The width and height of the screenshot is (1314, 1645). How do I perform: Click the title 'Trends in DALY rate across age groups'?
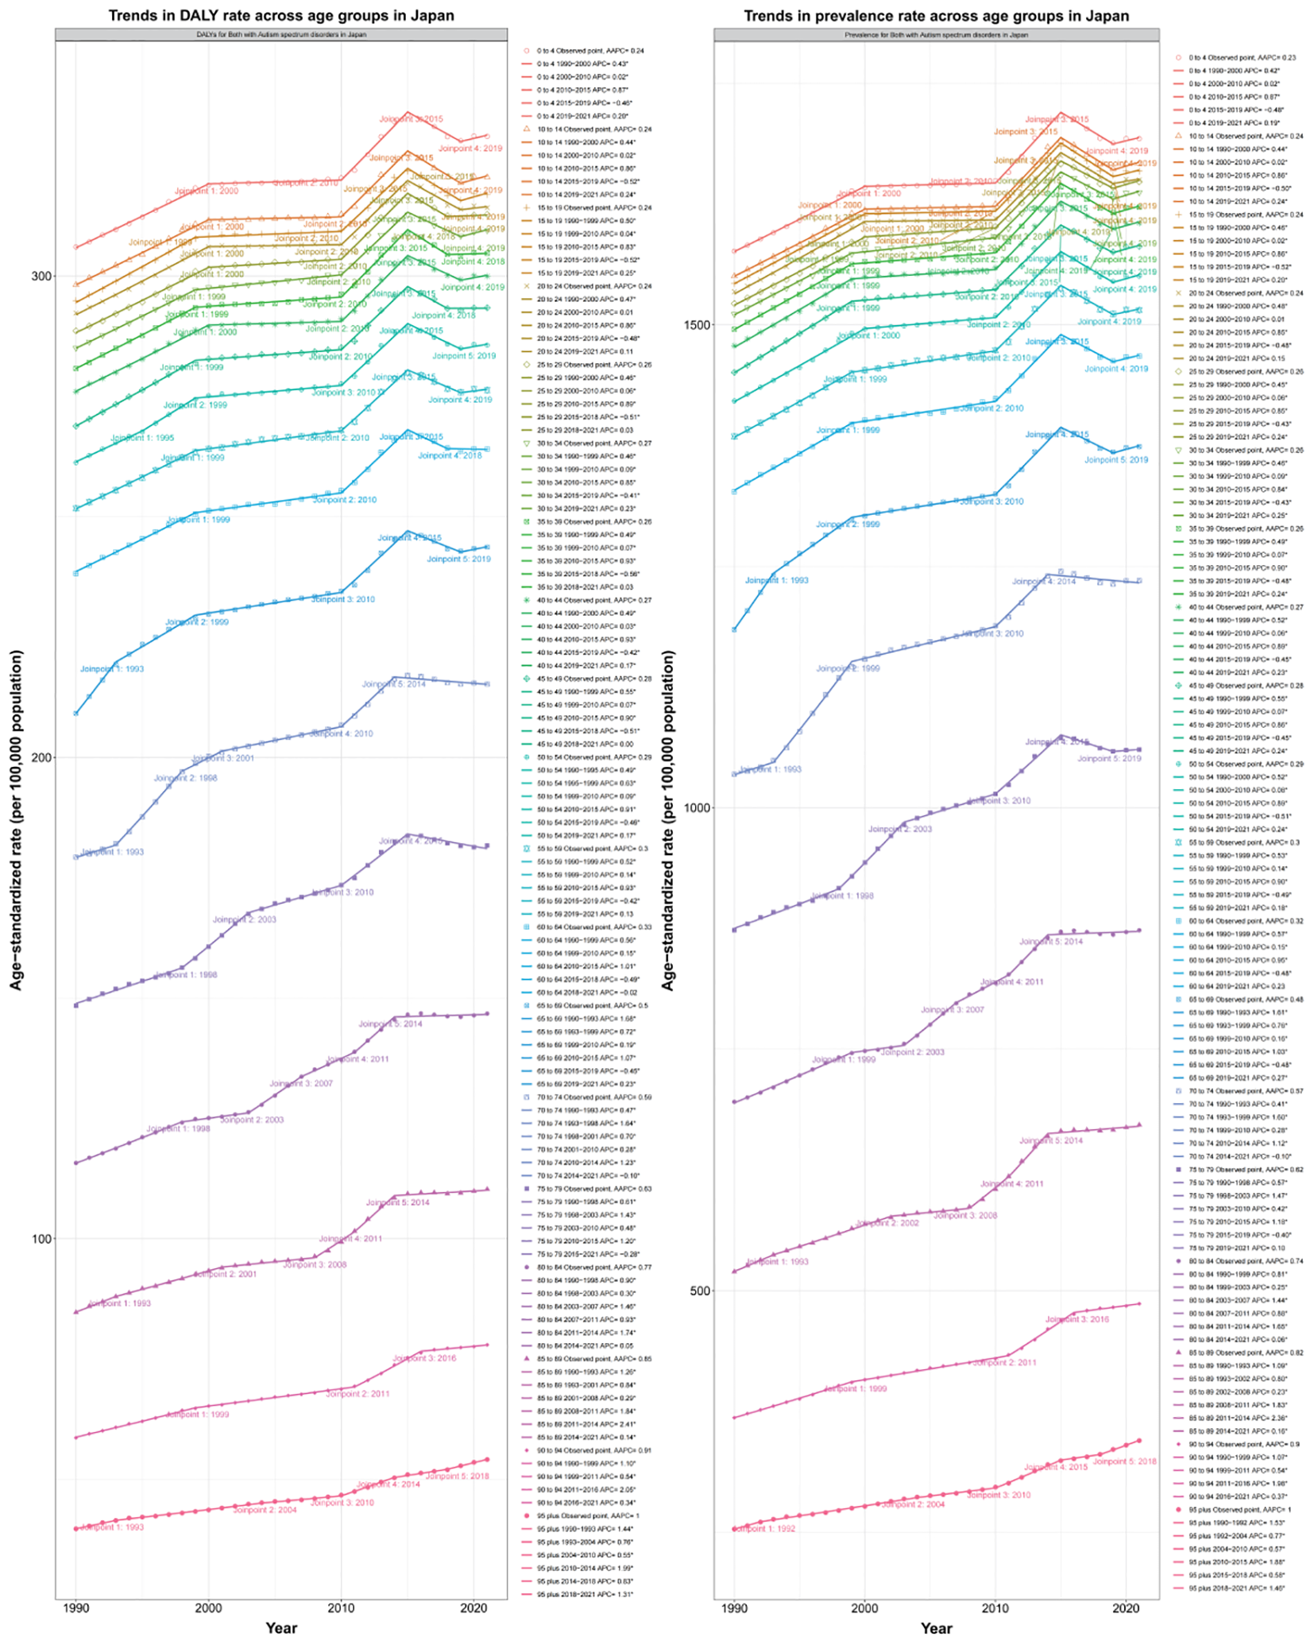[281, 15]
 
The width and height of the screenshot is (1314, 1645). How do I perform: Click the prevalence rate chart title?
[936, 15]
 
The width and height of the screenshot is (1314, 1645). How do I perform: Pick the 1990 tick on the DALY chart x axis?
[76, 1607]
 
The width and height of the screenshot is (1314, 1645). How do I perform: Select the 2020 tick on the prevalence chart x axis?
[1126, 1607]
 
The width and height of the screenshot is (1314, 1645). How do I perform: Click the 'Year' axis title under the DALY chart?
[281, 1628]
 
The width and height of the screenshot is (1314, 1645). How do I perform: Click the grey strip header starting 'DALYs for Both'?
[281, 35]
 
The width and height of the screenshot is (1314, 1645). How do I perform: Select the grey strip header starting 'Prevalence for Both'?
[936, 35]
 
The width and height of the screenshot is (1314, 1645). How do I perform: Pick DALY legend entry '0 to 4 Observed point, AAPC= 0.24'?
[589, 51]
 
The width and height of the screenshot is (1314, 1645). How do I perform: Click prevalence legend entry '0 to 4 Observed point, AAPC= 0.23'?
[1242, 58]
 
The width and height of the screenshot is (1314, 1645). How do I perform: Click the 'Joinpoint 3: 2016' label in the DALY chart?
[424, 1358]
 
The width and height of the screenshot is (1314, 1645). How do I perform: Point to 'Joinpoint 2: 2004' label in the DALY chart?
[265, 1510]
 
